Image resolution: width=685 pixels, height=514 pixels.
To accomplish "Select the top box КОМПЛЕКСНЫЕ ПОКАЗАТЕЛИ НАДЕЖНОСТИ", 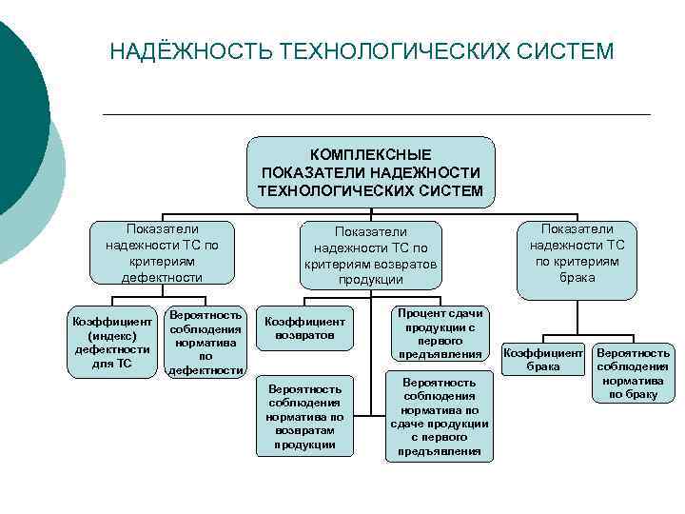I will (x=371, y=172).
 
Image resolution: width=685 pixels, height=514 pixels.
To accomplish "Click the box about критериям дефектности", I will (x=162, y=252).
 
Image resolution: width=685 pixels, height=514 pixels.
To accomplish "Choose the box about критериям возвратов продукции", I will (x=370, y=255).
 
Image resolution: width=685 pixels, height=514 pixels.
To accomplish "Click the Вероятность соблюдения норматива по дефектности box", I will (x=206, y=342).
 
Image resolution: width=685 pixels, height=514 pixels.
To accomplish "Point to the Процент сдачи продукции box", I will (x=440, y=333).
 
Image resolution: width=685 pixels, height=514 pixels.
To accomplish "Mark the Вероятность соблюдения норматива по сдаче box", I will (x=440, y=417).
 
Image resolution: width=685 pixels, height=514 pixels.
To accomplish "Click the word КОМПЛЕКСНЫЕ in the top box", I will (x=371, y=154).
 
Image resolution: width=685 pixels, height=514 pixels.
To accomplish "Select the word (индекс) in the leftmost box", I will (x=111, y=336).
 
